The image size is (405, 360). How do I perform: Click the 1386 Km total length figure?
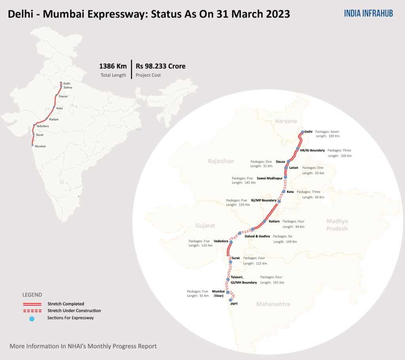click(x=113, y=66)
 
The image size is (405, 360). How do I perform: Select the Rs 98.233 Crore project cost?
click(x=161, y=66)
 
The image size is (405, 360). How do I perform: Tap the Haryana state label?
click(x=286, y=121)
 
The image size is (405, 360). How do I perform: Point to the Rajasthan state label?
click(x=221, y=161)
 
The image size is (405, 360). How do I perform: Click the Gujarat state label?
click(x=205, y=225)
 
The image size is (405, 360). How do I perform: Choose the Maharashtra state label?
click(x=273, y=304)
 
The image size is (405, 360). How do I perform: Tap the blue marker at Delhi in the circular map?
click(x=303, y=132)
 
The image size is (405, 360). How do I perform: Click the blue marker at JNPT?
click(x=231, y=300)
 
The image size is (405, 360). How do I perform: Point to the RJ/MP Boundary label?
click(x=264, y=200)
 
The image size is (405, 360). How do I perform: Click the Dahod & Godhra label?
click(x=257, y=236)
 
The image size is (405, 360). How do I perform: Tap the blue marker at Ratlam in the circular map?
click(x=264, y=222)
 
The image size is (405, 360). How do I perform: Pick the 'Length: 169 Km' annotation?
click(x=328, y=136)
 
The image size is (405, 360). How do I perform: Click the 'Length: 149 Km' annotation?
click(x=285, y=241)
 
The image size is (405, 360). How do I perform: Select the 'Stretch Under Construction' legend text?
click(x=74, y=311)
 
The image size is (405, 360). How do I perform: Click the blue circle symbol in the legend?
click(x=32, y=319)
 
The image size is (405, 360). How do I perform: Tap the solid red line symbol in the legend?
click(x=32, y=304)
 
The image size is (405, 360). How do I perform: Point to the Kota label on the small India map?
click(x=60, y=108)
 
